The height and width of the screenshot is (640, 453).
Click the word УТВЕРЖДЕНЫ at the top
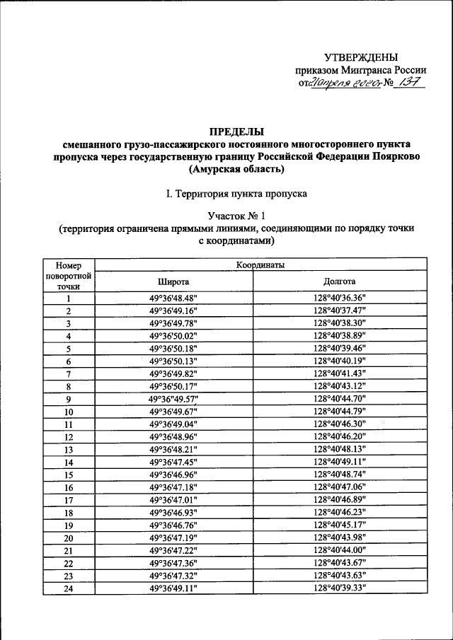360,57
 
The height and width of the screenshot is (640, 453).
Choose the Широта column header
173,281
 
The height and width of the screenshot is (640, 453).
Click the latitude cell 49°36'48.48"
173,298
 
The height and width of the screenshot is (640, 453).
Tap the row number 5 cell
69,349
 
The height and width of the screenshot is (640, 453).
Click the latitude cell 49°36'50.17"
173,386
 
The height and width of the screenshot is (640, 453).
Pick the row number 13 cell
69,449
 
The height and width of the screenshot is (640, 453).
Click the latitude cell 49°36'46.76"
173,525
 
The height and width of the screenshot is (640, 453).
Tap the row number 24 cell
69,588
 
